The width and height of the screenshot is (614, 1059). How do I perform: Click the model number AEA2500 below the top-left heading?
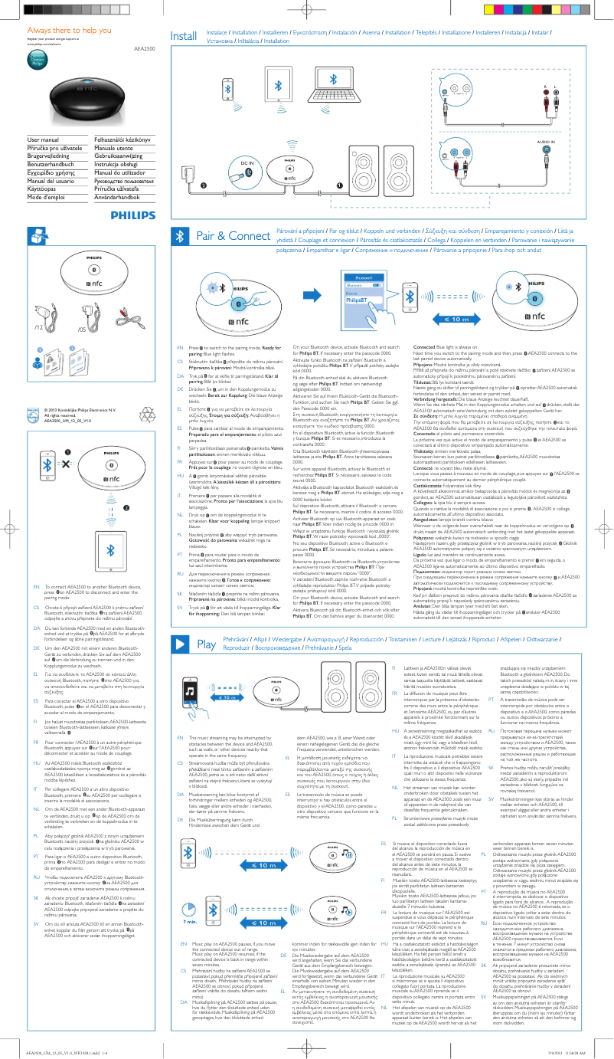[144, 48]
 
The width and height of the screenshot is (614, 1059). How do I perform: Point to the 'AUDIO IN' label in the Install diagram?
[546, 142]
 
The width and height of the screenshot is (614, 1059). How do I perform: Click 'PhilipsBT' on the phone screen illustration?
[355, 300]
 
